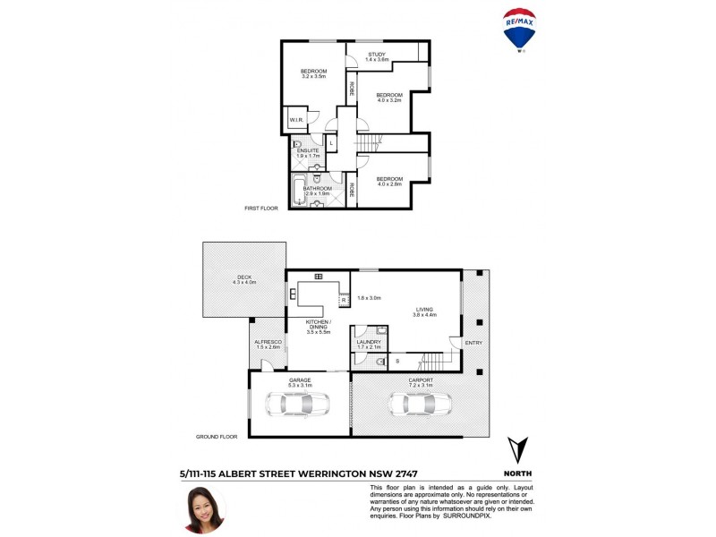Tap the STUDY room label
coord(377,54)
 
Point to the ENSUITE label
coord(308,149)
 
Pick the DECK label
coord(244,277)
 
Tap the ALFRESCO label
coord(268,342)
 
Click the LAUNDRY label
coord(369,342)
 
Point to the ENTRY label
coord(474,342)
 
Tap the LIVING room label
coord(424,309)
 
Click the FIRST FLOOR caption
coord(261,208)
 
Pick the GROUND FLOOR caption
coord(217,437)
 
